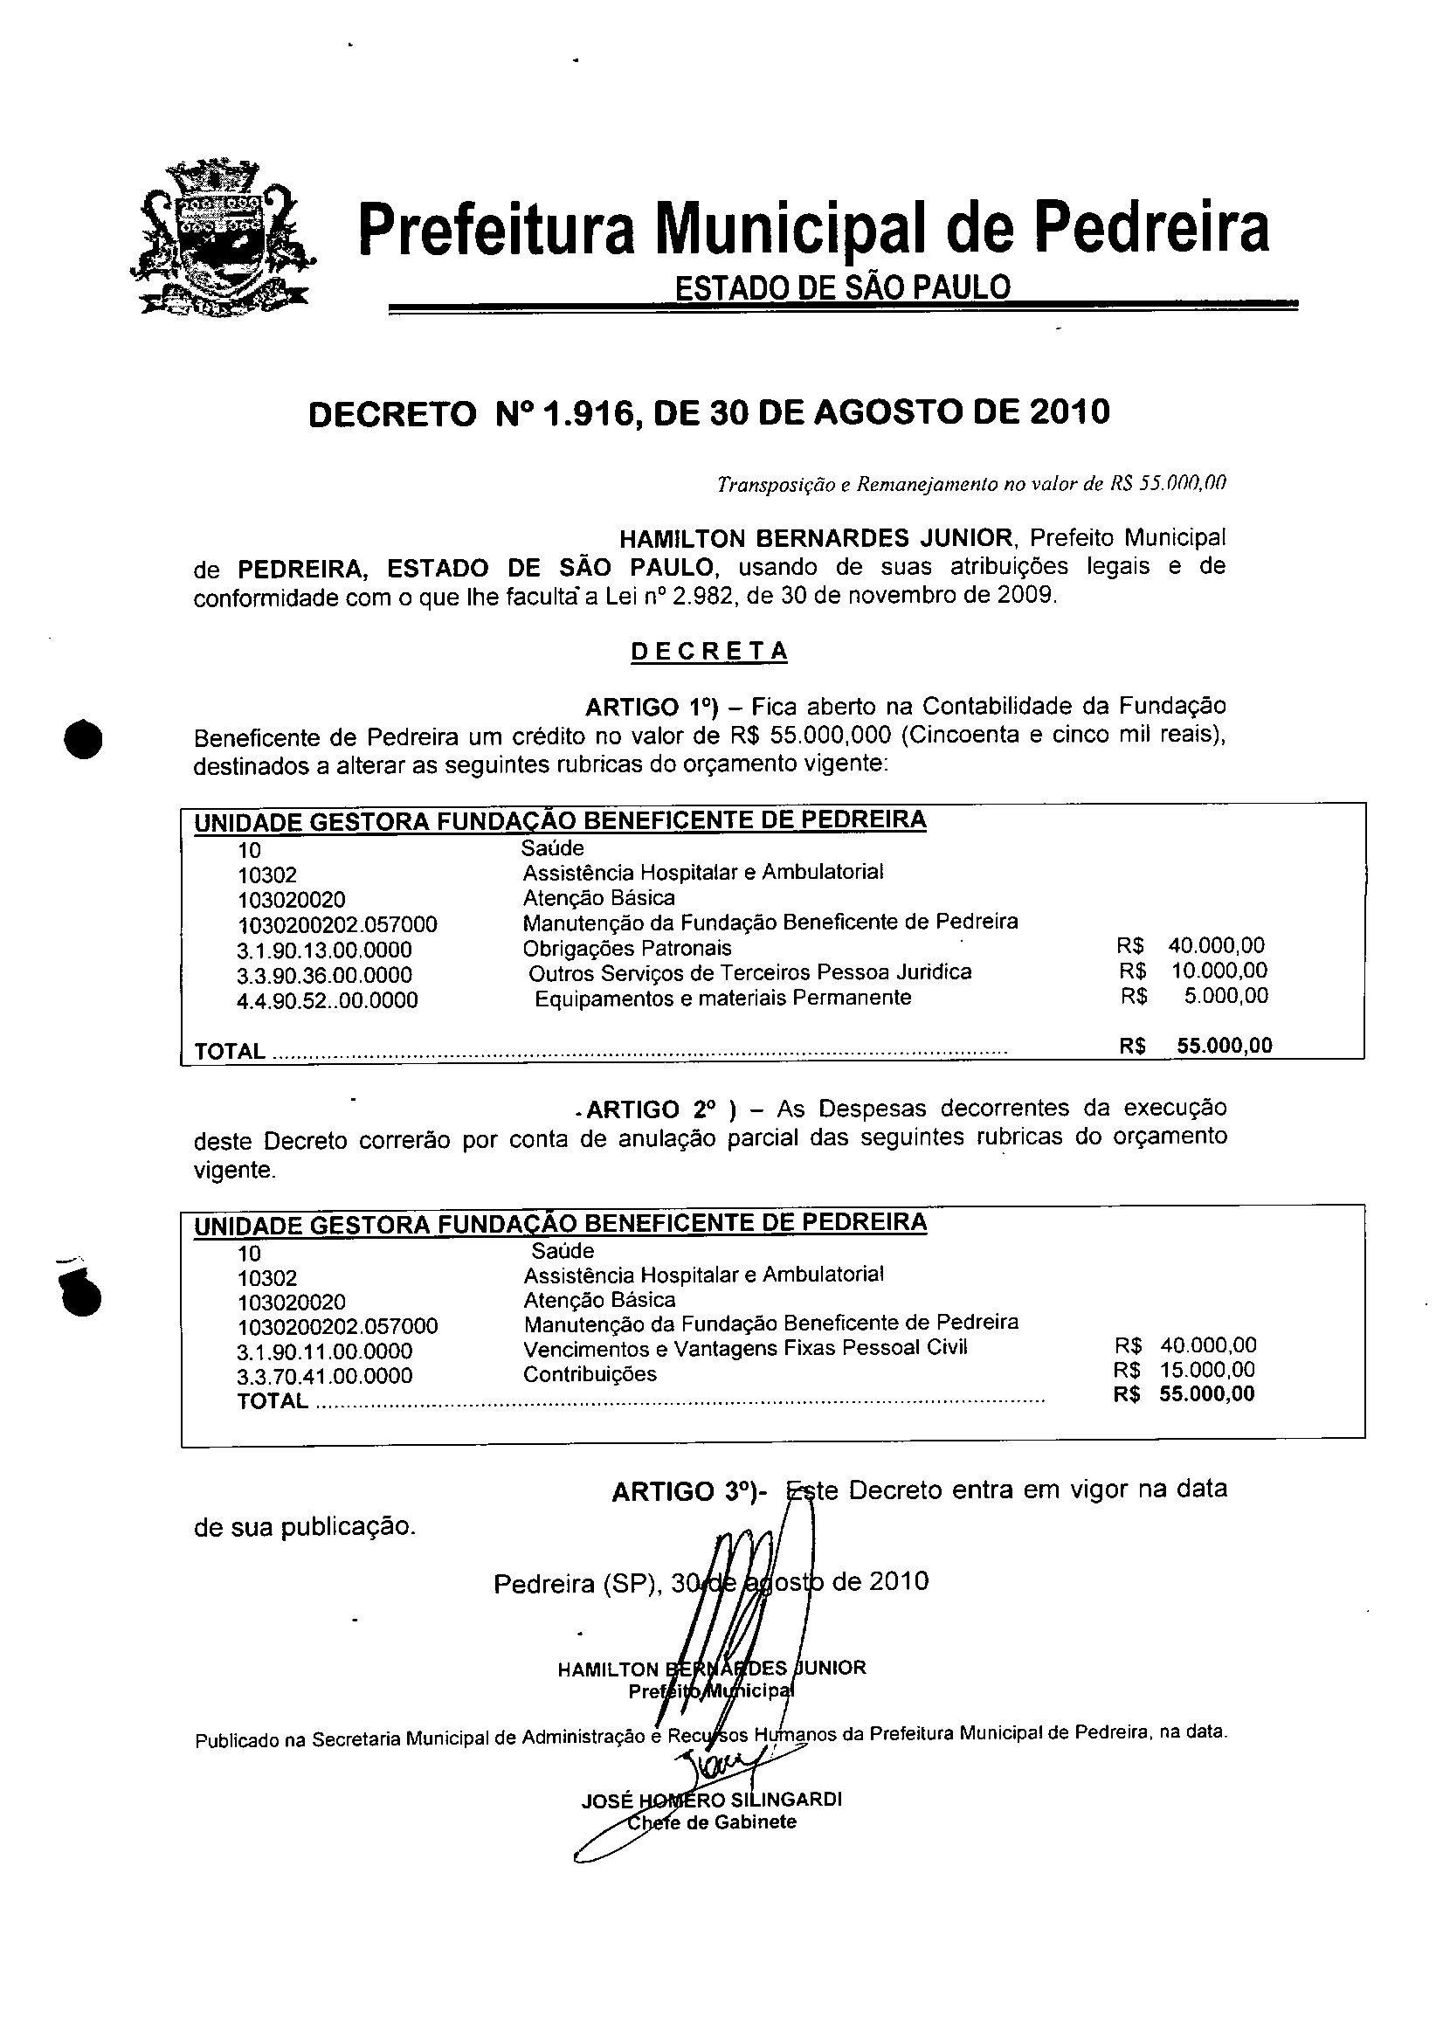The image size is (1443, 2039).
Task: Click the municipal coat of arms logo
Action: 222,238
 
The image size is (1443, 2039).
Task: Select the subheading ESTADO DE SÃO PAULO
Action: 842,287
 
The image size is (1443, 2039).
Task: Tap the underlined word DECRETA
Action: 709,651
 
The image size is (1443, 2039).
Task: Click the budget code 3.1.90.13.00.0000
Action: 324,950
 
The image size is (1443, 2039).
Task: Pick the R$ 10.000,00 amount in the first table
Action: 1193,971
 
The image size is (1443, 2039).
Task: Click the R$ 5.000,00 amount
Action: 1195,996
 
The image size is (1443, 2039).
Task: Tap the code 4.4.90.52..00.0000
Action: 327,1001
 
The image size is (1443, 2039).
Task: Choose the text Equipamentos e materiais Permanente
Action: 722,998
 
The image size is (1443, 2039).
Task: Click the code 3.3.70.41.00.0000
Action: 324,1377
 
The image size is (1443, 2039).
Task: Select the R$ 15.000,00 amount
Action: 1185,1370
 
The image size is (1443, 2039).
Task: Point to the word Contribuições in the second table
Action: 590,1374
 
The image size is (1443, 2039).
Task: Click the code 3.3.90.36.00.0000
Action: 324,976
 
